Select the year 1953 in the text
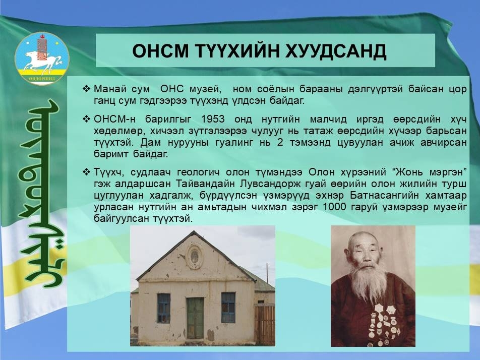pyautogui.click(x=213, y=119)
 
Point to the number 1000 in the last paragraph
pyautogui.click(x=334, y=207)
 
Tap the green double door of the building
pyautogui.click(x=195, y=318)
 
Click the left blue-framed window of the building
pyautogui.click(x=164, y=308)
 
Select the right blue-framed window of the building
pyautogui.click(x=228, y=308)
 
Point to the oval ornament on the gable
pyautogui.click(x=195, y=256)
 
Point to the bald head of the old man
pyautogui.click(x=364, y=241)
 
